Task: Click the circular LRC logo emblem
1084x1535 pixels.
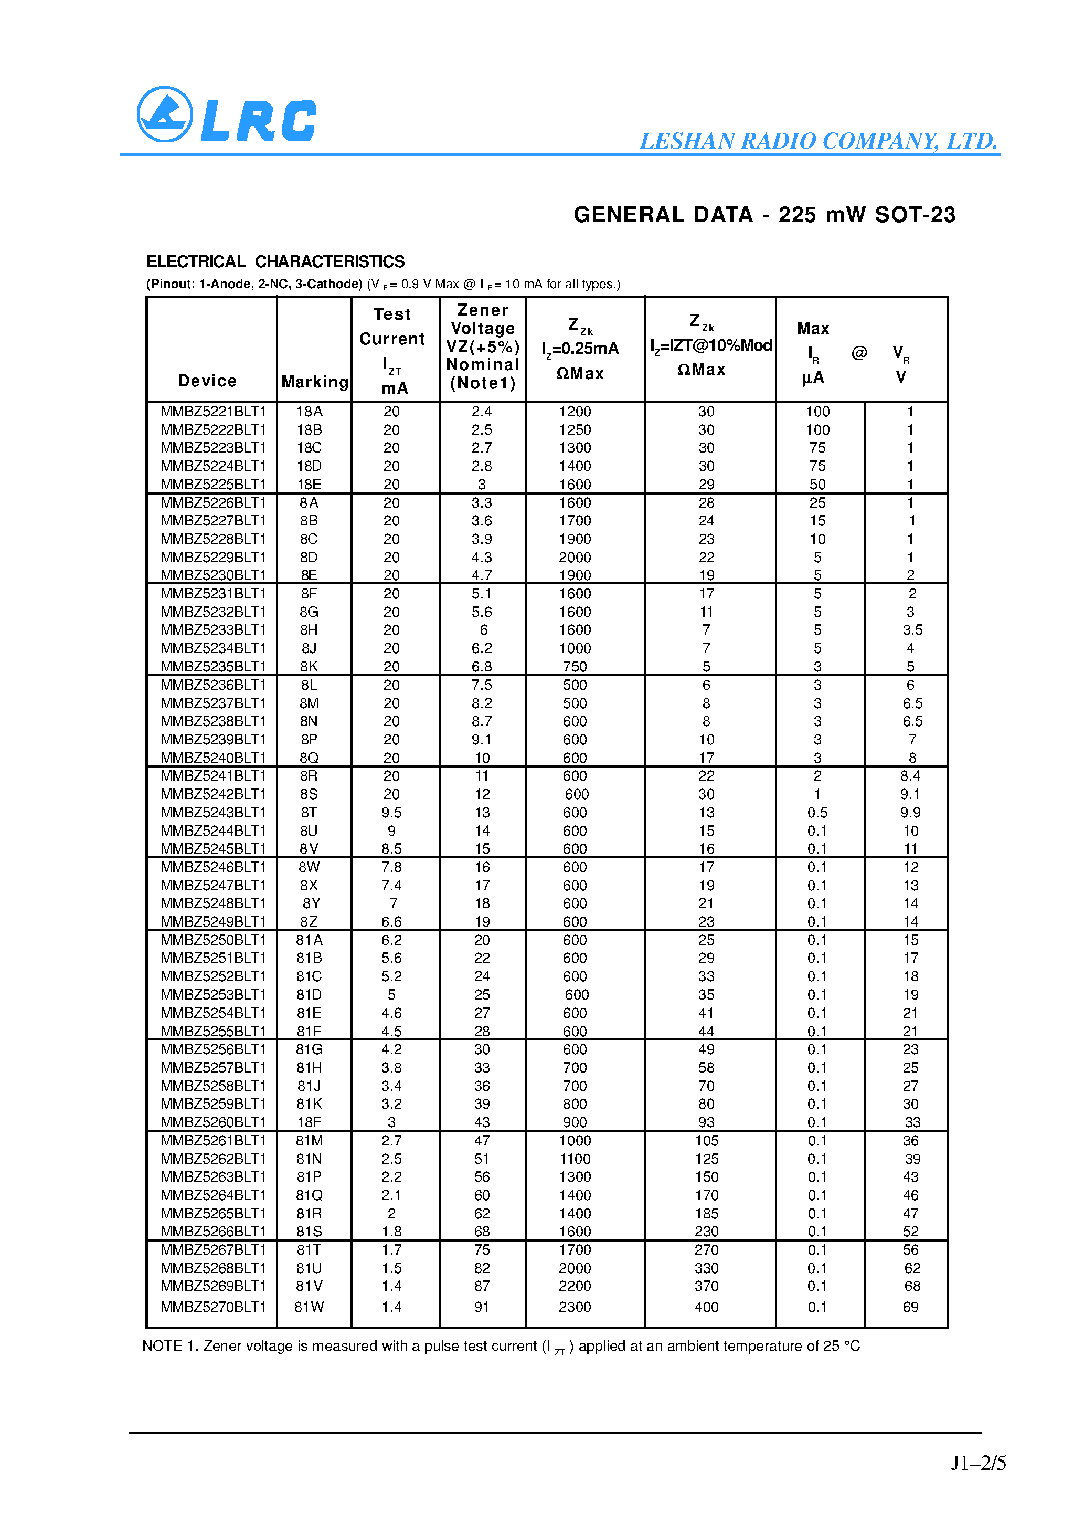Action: point(164,114)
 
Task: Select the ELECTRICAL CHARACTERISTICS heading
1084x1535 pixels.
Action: point(275,261)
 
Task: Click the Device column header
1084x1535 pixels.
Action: point(207,381)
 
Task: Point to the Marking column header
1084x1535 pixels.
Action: point(315,382)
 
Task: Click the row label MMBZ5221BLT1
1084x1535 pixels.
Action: point(213,412)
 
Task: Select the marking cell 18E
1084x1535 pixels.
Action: point(309,484)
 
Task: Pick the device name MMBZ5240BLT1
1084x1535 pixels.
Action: point(213,758)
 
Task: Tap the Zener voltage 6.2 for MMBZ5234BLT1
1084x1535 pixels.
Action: point(482,648)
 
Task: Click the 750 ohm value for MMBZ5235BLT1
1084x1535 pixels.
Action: point(575,667)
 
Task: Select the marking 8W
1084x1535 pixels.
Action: point(309,867)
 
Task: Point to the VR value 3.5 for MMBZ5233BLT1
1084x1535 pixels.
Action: point(912,630)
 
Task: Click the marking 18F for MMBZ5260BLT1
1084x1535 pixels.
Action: point(309,1122)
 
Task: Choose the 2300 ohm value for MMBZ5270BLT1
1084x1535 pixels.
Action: point(575,1307)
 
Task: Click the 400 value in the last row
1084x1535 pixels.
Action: point(706,1307)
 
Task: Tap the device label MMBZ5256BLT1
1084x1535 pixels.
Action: point(213,1049)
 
